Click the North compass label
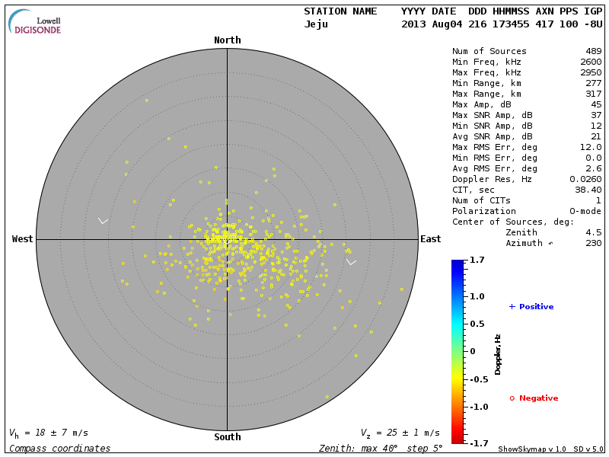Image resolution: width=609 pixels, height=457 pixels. [x=227, y=40]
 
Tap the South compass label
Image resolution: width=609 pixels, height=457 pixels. [x=227, y=437]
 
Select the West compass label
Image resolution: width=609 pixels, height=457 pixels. [x=23, y=239]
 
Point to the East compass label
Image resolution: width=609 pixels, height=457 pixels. [x=430, y=239]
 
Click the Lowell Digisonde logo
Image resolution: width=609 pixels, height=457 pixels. [x=35, y=23]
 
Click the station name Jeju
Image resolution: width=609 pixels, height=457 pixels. [x=316, y=24]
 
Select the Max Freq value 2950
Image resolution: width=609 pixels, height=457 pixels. [x=591, y=72]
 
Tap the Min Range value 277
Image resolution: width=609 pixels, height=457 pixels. [x=593, y=83]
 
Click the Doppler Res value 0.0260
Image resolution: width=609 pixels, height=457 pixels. [x=585, y=179]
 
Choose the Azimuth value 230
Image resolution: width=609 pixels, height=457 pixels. [x=593, y=243]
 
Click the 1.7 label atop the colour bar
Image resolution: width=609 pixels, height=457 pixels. [x=477, y=260]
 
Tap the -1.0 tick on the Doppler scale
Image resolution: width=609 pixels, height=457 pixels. [x=477, y=407]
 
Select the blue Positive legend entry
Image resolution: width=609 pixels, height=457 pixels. [x=531, y=307]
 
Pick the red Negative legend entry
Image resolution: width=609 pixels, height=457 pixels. [x=534, y=398]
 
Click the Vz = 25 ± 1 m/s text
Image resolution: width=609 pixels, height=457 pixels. [x=400, y=433]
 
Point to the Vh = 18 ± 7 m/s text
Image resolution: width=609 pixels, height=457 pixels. [x=49, y=433]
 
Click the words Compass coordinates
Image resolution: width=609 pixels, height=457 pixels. [x=59, y=449]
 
